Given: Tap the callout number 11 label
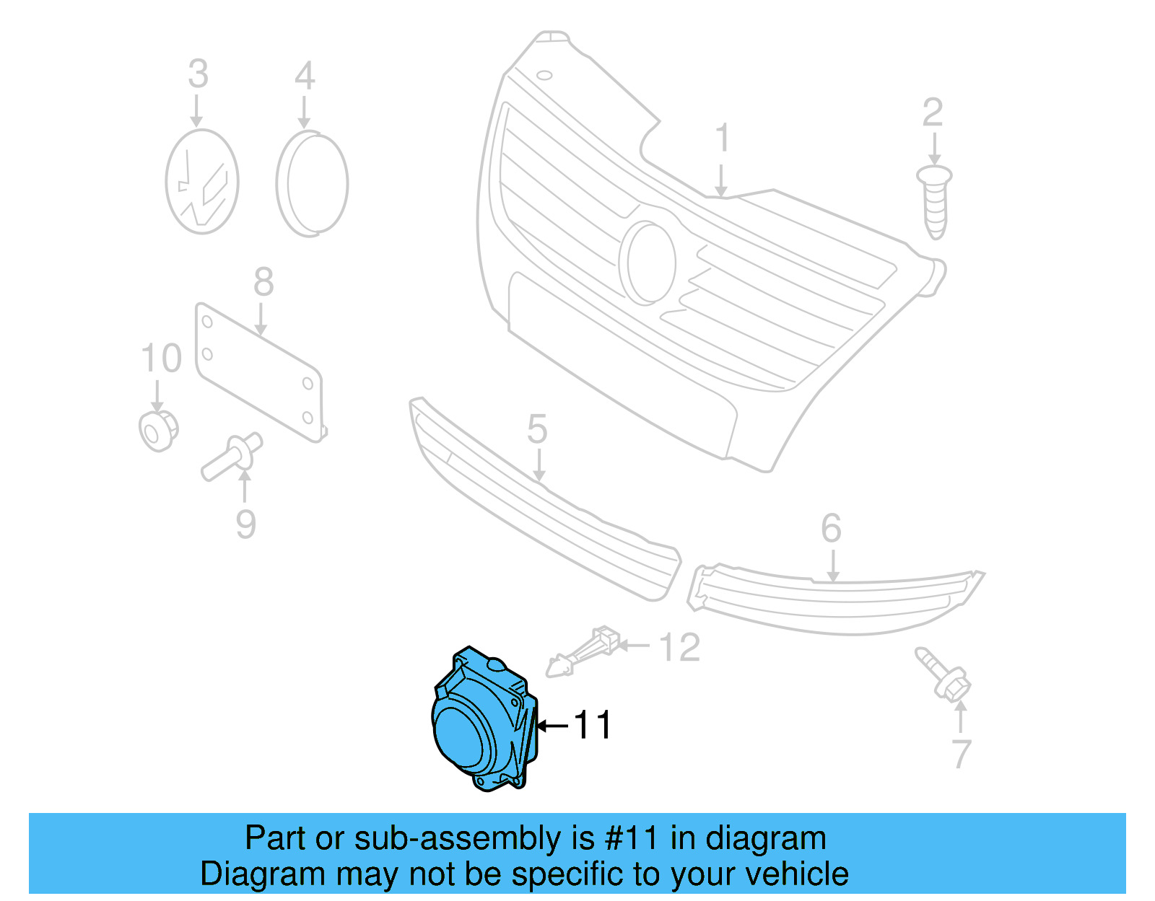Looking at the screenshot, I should [593, 725].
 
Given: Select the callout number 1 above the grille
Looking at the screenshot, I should [722, 139].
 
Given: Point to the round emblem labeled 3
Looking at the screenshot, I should [202, 182].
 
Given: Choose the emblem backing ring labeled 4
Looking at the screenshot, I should [312, 183].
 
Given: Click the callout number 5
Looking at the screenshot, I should [537, 430].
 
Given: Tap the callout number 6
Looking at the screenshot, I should [831, 529].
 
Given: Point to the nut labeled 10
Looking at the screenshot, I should [158, 431].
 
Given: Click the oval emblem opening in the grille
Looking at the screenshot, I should [650, 263].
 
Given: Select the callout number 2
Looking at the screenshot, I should [933, 113].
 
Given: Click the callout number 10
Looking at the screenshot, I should [161, 359].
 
